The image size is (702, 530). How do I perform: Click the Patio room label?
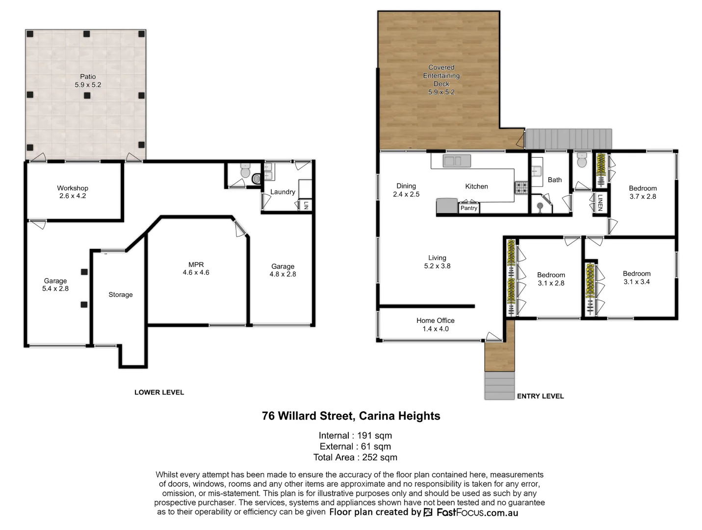(x=88, y=80)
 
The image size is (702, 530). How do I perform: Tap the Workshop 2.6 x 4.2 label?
(x=73, y=192)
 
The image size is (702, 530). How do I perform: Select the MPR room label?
(x=196, y=268)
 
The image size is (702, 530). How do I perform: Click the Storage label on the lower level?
(x=121, y=294)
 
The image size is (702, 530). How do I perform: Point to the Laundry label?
(x=283, y=192)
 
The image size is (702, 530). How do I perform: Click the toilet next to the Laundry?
(x=245, y=171)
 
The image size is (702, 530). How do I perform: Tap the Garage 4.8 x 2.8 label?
(x=283, y=270)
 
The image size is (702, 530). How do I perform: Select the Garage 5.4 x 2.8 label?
(x=55, y=285)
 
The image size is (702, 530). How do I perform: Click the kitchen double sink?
(x=456, y=160)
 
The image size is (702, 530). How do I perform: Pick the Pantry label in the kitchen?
(x=468, y=208)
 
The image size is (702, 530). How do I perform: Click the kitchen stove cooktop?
(x=520, y=187)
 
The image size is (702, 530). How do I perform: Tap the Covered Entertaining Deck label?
(x=441, y=79)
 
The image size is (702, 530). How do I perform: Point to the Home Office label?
(x=435, y=324)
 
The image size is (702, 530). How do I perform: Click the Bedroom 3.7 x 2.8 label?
(x=642, y=192)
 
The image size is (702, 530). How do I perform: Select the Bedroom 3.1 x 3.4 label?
(x=636, y=278)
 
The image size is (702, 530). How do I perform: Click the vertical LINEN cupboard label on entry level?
(x=599, y=203)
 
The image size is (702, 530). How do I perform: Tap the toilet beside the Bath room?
(x=582, y=160)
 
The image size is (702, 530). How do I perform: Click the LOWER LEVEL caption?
(x=159, y=392)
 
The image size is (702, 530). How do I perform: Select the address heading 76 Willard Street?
(x=351, y=416)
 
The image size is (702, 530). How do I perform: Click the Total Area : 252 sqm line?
(x=355, y=457)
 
